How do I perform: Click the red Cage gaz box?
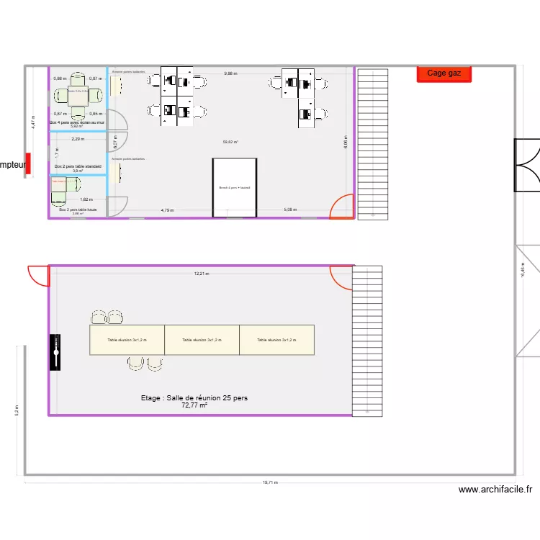444,73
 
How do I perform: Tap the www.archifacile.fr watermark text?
495,490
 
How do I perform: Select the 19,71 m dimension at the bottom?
270,483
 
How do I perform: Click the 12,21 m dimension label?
201,274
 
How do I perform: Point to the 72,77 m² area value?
194,405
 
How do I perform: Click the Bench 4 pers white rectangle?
235,187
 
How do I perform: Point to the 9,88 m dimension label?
230,73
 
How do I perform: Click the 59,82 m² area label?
230,142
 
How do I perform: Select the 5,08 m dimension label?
290,210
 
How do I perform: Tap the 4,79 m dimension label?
166,210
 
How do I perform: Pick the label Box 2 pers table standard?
78,166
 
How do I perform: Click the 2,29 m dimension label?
77,139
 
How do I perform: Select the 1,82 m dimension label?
86,199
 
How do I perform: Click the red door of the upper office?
341,207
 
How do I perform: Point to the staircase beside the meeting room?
366,341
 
